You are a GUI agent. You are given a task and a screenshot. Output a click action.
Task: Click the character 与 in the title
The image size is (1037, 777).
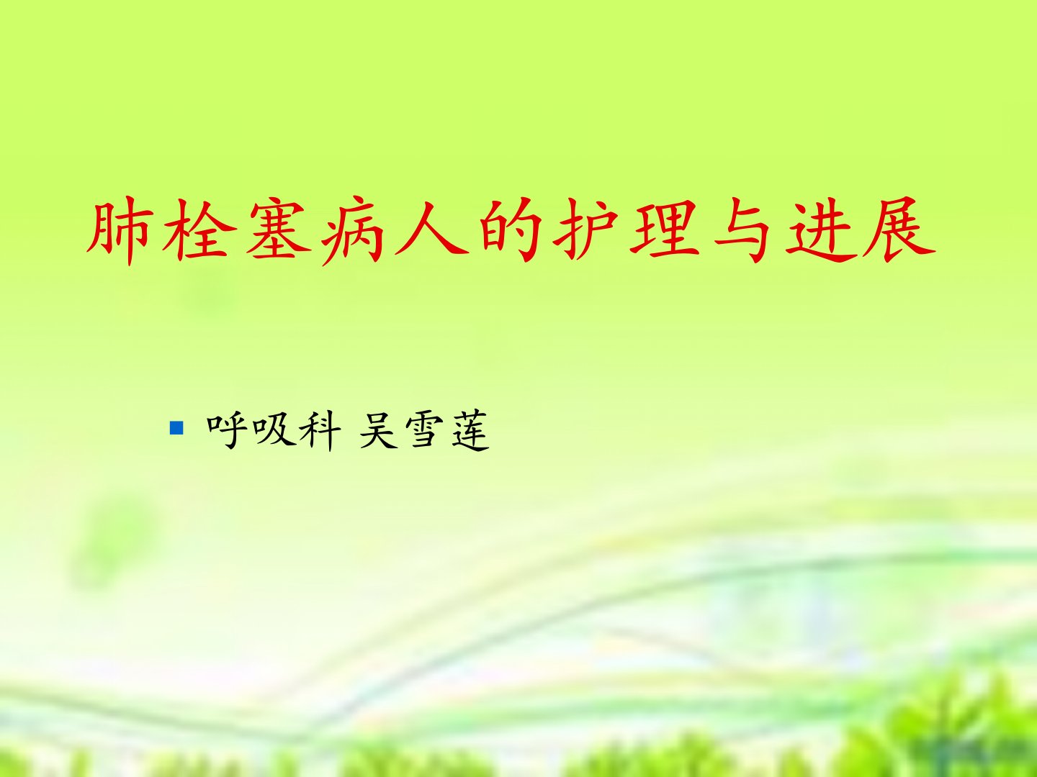(742, 231)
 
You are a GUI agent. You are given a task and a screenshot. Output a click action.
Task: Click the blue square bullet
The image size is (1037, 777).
(176, 428)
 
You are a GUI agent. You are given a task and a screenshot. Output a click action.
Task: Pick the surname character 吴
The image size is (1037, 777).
(378, 430)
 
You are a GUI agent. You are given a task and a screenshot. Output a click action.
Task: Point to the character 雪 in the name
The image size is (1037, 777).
(423, 430)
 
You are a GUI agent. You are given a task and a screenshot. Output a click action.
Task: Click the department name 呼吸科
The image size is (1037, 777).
(274, 430)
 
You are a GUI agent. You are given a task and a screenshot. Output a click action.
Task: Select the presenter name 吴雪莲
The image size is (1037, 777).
(424, 430)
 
